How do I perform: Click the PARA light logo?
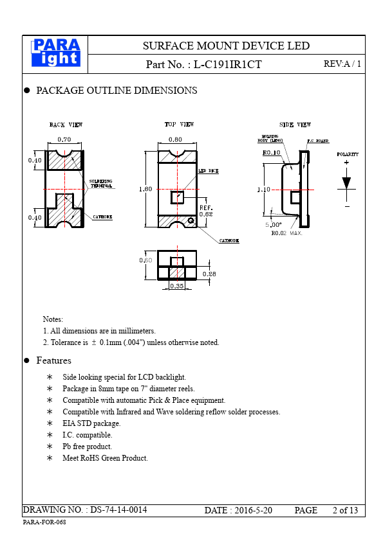click(x=56, y=53)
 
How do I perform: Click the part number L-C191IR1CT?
click(x=227, y=64)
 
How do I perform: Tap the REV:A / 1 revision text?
click(x=342, y=64)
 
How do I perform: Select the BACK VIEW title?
click(x=66, y=125)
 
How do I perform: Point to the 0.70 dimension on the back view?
click(x=64, y=139)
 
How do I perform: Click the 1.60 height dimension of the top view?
click(x=145, y=189)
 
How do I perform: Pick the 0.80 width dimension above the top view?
click(x=175, y=139)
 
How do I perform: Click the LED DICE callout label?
click(x=209, y=171)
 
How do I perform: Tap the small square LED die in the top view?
click(x=177, y=198)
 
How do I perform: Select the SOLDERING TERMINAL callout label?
click(x=101, y=184)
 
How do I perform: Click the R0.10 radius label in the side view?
click(x=272, y=152)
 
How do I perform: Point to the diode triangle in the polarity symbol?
click(x=346, y=183)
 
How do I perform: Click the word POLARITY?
click(x=348, y=154)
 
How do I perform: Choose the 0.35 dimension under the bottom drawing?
click(x=177, y=286)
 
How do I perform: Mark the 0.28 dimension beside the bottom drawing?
click(x=209, y=274)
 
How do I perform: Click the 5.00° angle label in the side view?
click(x=274, y=225)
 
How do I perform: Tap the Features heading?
click(x=54, y=360)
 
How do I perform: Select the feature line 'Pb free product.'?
click(x=87, y=447)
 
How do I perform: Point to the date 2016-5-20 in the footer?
click(x=254, y=510)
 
